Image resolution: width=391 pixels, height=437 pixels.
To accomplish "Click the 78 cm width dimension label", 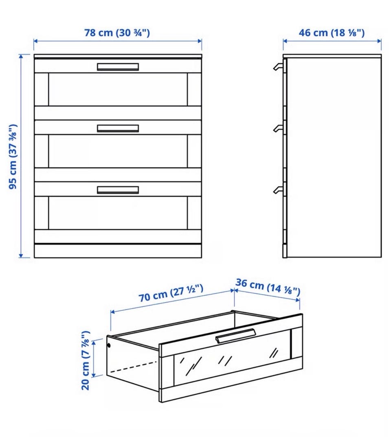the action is coord(117,33).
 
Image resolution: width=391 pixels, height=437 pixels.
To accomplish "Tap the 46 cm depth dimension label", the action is coord(332,33).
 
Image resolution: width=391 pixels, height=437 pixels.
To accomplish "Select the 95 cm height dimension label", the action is coord(13,157).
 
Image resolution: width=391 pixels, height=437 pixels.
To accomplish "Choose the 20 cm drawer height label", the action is coord(85,360).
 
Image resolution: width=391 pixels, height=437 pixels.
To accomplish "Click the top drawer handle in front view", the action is coord(118,67).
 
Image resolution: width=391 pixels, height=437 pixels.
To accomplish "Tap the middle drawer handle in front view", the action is coord(118,128).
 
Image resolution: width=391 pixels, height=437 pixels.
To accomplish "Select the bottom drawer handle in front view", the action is coord(118,190).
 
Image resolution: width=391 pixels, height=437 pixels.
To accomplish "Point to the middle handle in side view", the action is coord(278,128).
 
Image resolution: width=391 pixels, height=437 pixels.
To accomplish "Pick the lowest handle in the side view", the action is coord(278,189).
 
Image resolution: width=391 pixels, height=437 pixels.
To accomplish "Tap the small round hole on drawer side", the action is coord(109,346).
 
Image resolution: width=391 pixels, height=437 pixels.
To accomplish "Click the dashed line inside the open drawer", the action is coord(134,367).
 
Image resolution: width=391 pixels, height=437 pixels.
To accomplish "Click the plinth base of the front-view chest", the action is coord(118,251).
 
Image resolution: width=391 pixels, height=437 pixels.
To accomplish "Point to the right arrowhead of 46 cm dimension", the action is coord(379,41).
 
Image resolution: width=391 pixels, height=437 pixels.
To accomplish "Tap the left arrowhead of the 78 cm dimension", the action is coord(36,41).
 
